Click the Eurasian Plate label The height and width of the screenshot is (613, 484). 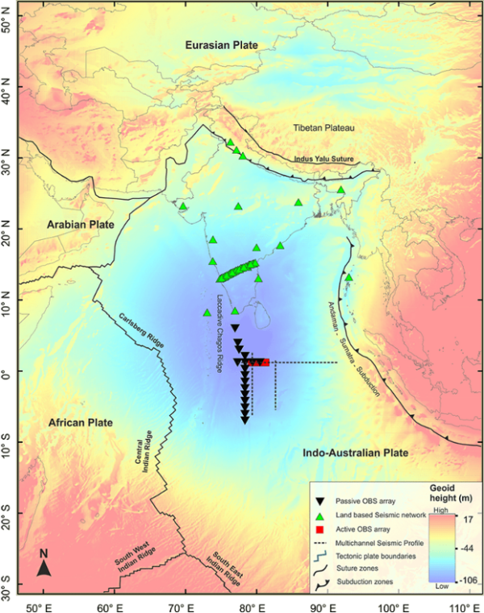click(220, 45)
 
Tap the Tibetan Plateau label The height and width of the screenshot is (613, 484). click(328, 127)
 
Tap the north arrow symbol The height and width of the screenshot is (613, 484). click(46, 565)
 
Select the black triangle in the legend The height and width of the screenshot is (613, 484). click(321, 500)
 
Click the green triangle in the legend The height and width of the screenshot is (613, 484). click(321, 515)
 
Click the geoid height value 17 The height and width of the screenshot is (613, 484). click(466, 520)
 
